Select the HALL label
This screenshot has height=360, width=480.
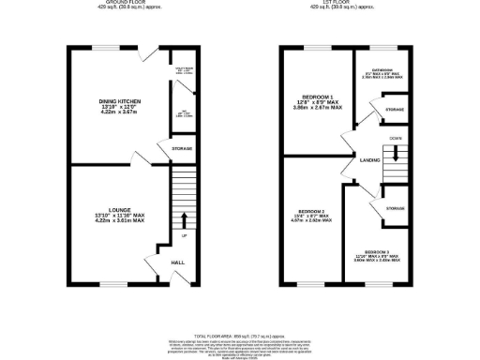click(177, 262)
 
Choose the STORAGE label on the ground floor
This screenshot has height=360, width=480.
click(182, 148)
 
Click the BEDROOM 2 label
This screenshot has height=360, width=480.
click(310, 211)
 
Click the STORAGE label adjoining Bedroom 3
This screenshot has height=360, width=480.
click(395, 209)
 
